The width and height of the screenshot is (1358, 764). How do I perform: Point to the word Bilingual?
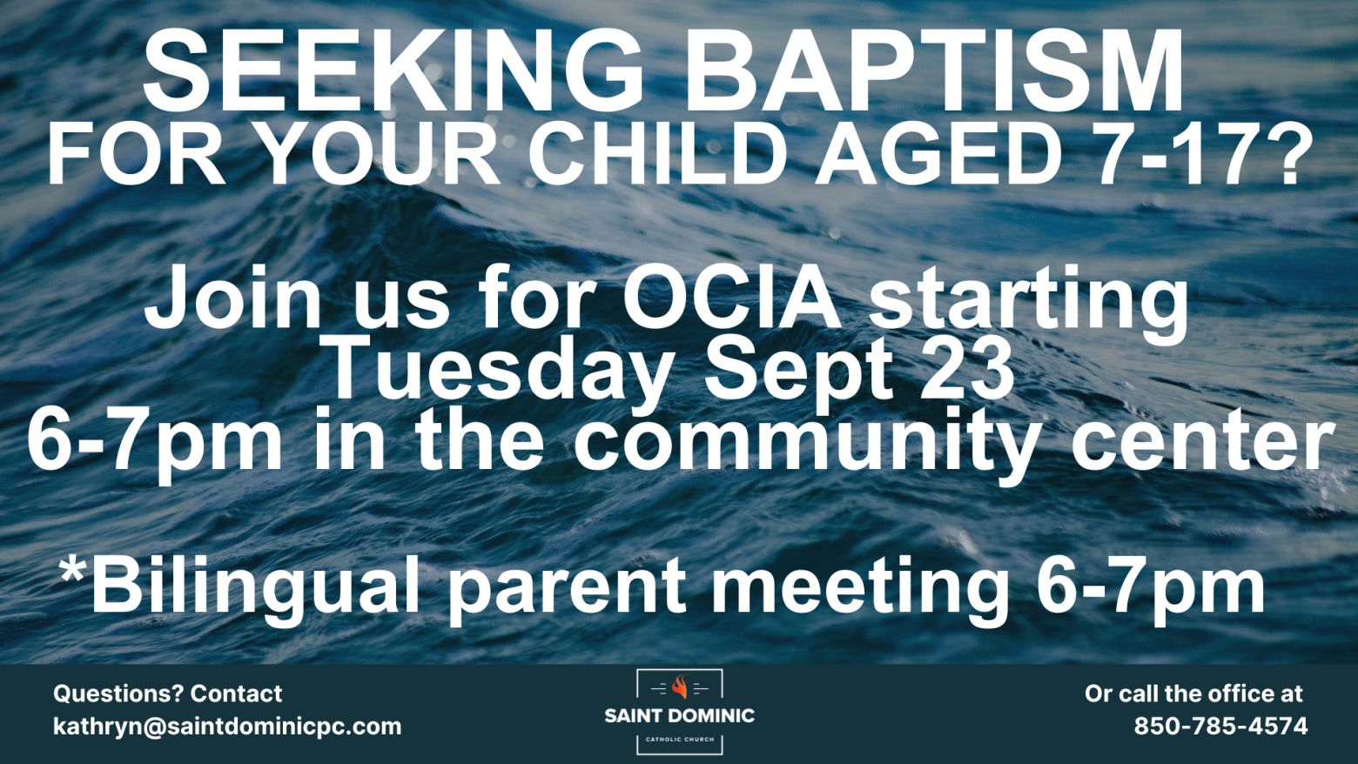pos(255,587)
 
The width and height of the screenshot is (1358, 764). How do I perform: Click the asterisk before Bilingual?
pos(72,569)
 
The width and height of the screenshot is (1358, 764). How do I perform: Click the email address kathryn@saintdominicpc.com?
pos(227,726)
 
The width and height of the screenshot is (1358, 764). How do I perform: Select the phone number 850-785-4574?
pos(1221,726)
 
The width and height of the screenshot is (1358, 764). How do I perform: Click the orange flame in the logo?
pos(680,687)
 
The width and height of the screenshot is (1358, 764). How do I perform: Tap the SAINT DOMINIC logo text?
pos(680,716)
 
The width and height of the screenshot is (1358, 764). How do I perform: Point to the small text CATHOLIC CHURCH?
pos(680,739)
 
